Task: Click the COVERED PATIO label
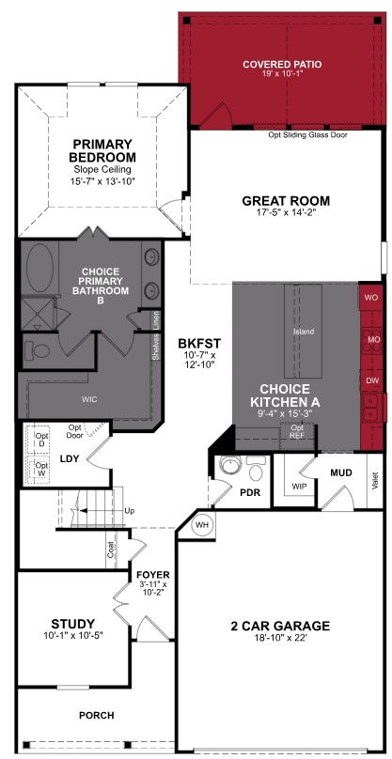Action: (x=281, y=65)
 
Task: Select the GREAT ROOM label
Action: (x=286, y=200)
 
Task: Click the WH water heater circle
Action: (x=202, y=526)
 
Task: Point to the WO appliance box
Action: (x=371, y=297)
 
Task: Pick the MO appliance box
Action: (x=371, y=338)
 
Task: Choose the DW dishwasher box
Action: (x=371, y=380)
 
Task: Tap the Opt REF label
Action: (x=297, y=431)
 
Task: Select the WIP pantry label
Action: (x=300, y=486)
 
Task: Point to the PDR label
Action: (x=249, y=491)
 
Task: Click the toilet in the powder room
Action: (x=228, y=468)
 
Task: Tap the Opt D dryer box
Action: (x=41, y=441)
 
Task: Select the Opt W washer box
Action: (x=41, y=468)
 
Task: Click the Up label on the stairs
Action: (x=129, y=512)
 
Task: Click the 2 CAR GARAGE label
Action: (x=281, y=626)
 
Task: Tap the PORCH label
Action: (x=96, y=716)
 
